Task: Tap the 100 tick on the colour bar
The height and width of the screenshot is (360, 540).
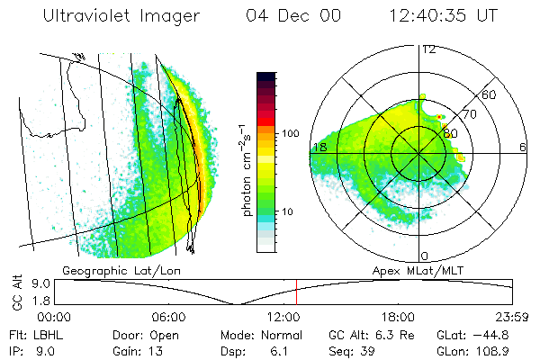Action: click(x=291, y=133)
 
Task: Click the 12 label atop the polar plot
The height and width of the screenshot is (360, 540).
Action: click(x=428, y=49)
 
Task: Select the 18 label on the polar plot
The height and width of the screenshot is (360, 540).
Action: click(x=318, y=146)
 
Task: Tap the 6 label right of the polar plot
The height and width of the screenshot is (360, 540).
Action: click(x=523, y=147)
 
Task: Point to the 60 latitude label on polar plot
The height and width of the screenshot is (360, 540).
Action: click(x=490, y=94)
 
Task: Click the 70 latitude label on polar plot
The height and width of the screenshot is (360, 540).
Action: click(x=468, y=115)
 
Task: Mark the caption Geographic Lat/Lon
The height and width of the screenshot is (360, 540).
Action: click(x=108, y=270)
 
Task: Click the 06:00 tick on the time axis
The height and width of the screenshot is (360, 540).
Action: click(x=168, y=318)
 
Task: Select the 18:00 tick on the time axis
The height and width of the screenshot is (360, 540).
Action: click(x=398, y=318)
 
